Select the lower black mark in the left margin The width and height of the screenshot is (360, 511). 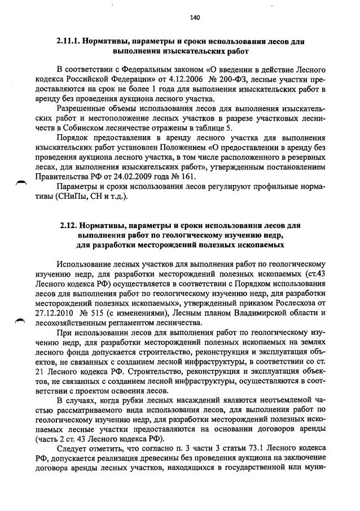coord(21,320)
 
